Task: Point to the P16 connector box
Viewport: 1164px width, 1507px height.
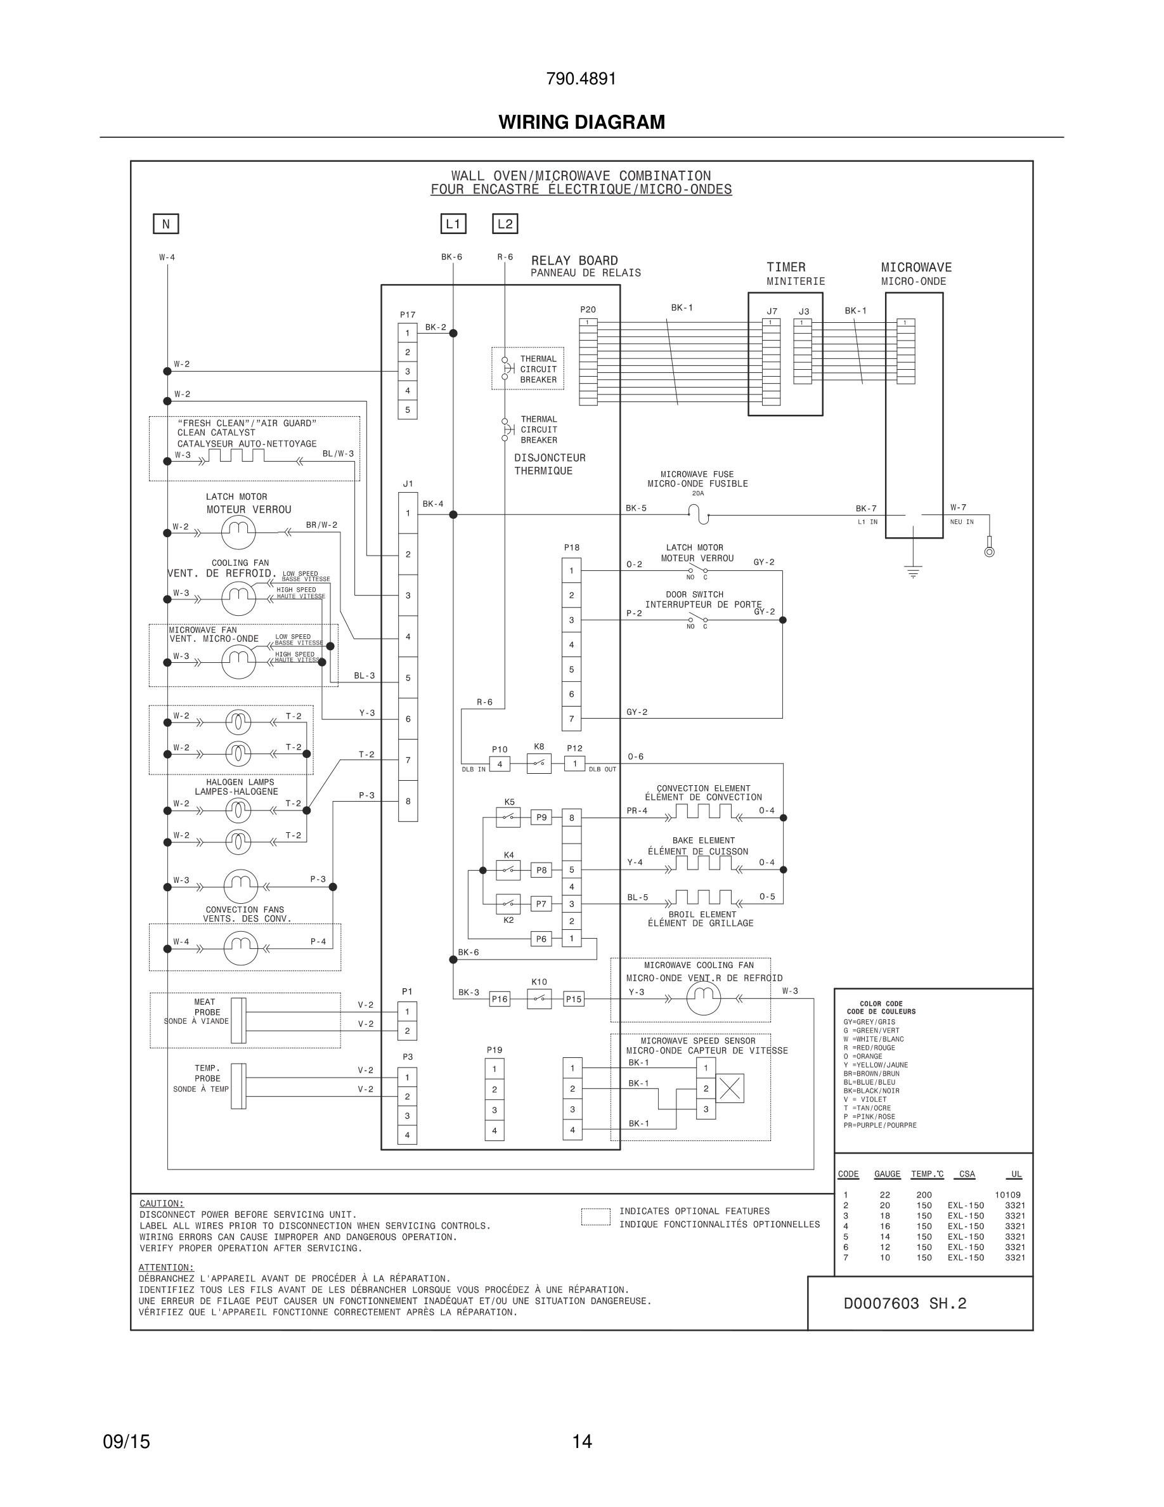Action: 499,998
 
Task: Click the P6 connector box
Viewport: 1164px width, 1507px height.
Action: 541,939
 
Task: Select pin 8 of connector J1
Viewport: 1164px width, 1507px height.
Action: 408,801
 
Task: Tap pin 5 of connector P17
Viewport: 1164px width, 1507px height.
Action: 408,410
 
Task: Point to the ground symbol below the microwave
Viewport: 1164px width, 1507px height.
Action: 913,572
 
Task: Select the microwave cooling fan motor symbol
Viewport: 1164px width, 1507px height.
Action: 703,998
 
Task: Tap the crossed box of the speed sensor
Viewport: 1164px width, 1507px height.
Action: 730,1088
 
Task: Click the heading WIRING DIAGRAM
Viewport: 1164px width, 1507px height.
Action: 581,122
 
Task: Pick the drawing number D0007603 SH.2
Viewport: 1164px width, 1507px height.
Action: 905,1303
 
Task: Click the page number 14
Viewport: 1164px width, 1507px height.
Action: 581,1442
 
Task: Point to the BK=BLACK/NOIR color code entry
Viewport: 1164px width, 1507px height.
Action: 871,1091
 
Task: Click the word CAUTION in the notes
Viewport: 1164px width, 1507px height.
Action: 162,1203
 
